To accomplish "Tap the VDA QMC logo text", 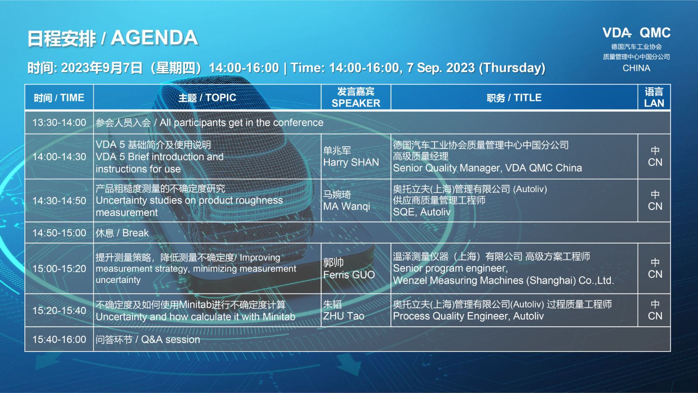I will pyautogui.click(x=636, y=33).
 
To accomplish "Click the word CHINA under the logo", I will pyautogui.click(x=636, y=68).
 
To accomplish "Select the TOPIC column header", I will pyautogui.click(x=207, y=98).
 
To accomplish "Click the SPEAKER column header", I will pyautogui.click(x=356, y=103).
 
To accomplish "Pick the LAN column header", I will pyautogui.click(x=654, y=103).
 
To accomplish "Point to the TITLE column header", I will pyautogui.click(x=514, y=98).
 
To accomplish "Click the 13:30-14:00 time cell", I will pyautogui.click(x=59, y=123).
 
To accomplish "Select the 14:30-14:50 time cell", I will pyautogui.click(x=59, y=201).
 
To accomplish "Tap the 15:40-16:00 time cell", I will pyautogui.click(x=59, y=339).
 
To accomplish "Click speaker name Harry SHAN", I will pyautogui.click(x=351, y=162).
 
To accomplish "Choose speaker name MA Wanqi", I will pyautogui.click(x=346, y=207).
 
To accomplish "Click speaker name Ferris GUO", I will pyautogui.click(x=349, y=275).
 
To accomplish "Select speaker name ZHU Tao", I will pyautogui.click(x=343, y=316).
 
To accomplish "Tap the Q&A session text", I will pyautogui.click(x=170, y=340).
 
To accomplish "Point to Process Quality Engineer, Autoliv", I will pyautogui.click(x=468, y=316).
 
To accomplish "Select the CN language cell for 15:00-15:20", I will pyautogui.click(x=655, y=274).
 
